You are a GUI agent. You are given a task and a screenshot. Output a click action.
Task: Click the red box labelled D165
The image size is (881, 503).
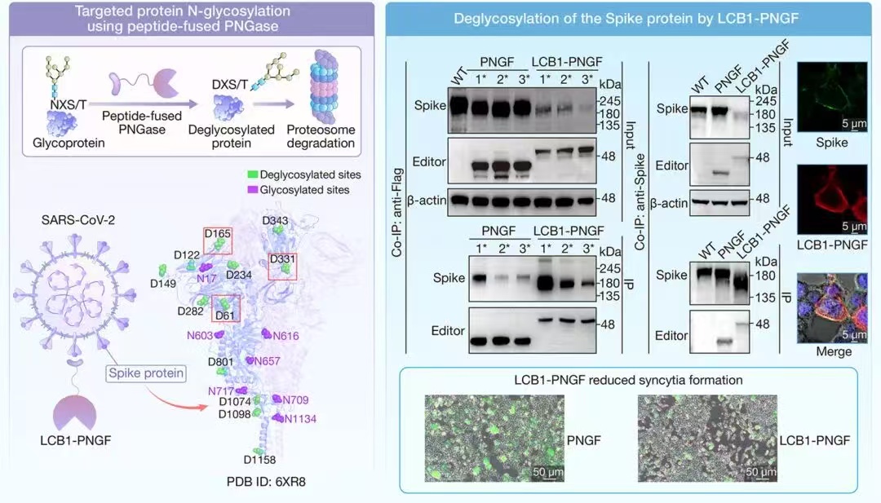218,240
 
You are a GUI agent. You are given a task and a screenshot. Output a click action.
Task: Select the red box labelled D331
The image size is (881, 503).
281,266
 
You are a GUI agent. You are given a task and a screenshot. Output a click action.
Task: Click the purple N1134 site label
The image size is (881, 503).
299,418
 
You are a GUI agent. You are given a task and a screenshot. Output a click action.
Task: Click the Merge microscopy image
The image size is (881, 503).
833,307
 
